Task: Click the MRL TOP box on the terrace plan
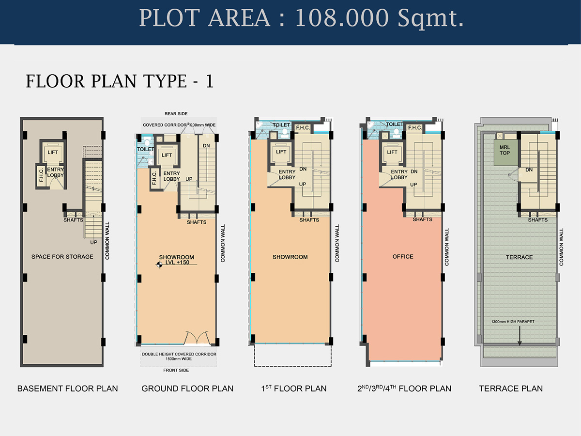(506, 153)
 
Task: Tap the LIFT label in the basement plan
(53, 152)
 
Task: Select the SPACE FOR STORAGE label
(62, 257)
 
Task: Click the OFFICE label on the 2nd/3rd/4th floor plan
(403, 257)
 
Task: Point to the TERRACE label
(520, 257)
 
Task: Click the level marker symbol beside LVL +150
(159, 265)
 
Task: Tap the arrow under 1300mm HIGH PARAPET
(520, 336)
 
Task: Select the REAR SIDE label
(176, 113)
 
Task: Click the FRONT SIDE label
(176, 370)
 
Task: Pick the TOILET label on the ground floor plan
(146, 149)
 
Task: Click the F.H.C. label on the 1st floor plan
(303, 127)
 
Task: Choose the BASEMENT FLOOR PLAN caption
(67, 389)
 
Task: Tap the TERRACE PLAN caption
(511, 389)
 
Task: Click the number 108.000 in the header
(342, 18)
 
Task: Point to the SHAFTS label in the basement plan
(73, 220)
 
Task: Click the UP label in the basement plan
(93, 242)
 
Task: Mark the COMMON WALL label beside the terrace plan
(561, 247)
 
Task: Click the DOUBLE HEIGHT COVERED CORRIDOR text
(179, 354)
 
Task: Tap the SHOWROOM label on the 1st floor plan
(290, 257)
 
